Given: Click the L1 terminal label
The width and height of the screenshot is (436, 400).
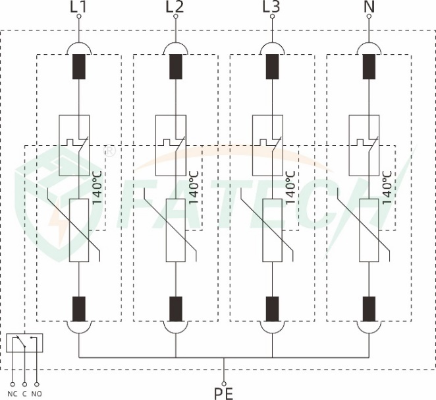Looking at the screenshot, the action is (78, 7).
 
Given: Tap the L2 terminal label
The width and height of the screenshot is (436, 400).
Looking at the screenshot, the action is (175, 7).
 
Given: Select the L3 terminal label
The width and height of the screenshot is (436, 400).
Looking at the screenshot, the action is (271, 7).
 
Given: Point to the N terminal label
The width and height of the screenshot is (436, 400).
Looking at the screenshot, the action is (369, 7).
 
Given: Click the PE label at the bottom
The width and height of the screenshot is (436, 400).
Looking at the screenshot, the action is (223, 393).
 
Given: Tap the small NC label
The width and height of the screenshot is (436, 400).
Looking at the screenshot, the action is (13, 394).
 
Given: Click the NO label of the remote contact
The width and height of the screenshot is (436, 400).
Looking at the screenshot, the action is (37, 394).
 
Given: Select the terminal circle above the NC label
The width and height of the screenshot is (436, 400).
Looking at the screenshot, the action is (13, 385).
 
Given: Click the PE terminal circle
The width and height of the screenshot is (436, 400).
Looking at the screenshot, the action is (224, 384).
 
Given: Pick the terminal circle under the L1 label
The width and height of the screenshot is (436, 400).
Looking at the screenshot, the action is (79, 17).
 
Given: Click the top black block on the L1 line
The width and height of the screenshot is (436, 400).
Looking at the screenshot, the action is (79, 67).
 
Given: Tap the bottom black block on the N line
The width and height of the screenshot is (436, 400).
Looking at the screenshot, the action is (369, 309).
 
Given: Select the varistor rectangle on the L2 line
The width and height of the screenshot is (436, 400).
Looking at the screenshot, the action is (176, 230).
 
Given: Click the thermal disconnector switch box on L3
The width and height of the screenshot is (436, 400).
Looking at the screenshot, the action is (267, 145).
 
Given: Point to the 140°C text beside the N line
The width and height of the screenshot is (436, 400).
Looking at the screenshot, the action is (387, 187).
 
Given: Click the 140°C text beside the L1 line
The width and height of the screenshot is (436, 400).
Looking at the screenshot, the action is (97, 187).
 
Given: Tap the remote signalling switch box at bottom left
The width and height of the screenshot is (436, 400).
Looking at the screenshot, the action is (24, 343).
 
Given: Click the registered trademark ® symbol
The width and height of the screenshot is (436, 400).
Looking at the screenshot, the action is (109, 150).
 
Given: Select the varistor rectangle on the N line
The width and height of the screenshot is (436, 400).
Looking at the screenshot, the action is (369, 230).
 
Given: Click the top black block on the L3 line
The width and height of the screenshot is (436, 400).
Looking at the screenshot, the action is (273, 67).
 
